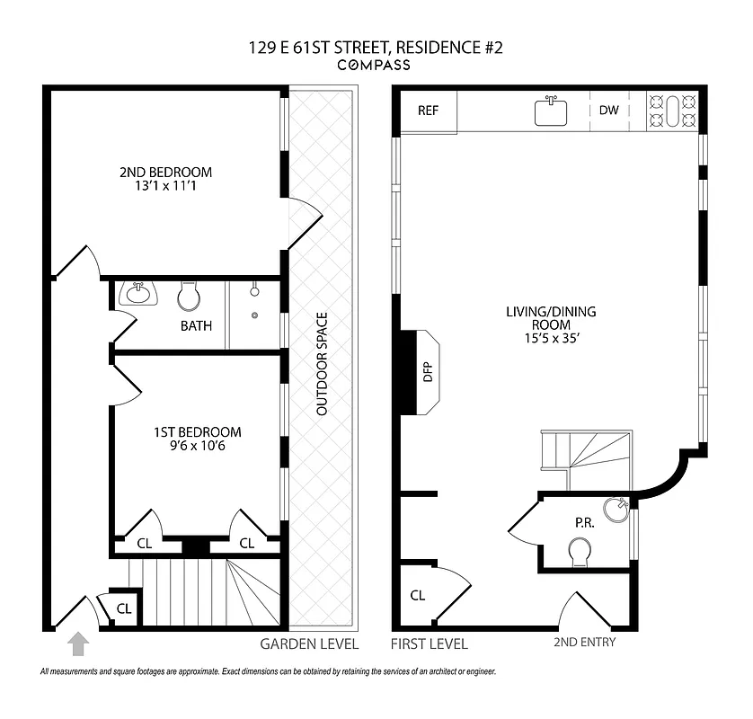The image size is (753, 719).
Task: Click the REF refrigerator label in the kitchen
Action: pos(428,111)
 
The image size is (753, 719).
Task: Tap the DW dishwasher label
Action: pos(609,111)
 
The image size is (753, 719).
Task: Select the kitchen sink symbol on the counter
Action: pos(552,111)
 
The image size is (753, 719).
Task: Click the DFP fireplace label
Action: pos(429,372)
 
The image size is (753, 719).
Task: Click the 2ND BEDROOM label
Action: pos(165,179)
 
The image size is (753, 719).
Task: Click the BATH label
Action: pos(196,325)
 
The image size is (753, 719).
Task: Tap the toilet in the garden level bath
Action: pos(189,296)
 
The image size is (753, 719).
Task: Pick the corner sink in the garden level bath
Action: pos(137,293)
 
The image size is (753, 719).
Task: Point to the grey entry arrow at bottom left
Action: pos(79,644)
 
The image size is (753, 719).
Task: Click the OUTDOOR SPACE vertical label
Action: pos(321,364)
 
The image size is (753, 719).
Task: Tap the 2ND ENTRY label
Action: pos(583,642)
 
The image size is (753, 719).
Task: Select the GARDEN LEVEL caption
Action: pos(309,644)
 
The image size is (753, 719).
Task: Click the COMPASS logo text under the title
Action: pos(374,65)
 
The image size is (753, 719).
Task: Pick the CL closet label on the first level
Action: pos(417,595)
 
